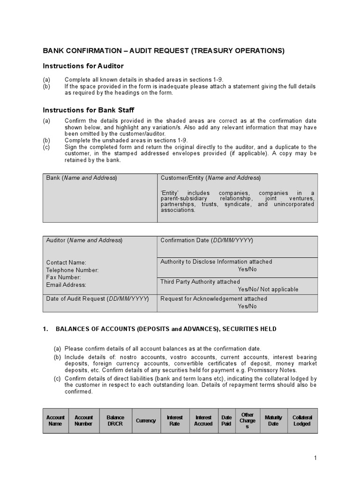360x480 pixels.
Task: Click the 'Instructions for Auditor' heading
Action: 83,66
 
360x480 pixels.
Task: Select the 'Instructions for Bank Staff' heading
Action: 89,110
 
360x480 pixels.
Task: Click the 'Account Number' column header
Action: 84,420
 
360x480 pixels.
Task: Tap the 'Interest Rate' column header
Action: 175,420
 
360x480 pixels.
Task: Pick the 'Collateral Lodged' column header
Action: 302,420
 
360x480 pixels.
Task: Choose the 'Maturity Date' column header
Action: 273,420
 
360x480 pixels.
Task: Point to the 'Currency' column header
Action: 146,420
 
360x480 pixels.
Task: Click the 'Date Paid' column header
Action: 226,420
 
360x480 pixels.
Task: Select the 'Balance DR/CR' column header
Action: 115,420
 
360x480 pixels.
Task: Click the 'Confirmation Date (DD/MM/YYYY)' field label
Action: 207,240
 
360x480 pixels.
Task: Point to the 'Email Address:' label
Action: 66,285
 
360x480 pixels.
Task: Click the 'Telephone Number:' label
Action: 72,270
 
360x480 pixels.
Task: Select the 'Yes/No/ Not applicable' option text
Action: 268,289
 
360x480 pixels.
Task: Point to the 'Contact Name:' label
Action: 66,263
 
